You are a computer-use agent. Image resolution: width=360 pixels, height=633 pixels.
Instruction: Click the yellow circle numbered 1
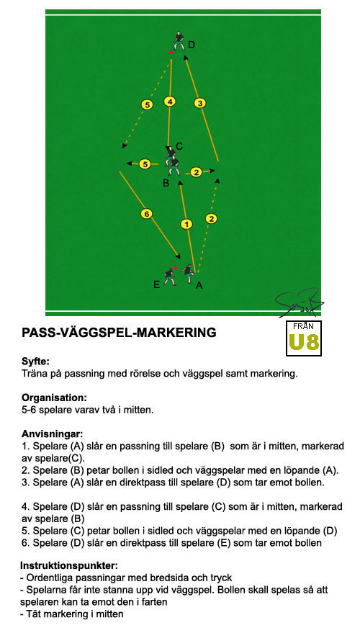tap(186, 224)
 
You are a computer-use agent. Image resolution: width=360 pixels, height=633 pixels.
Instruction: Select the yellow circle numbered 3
tap(199, 104)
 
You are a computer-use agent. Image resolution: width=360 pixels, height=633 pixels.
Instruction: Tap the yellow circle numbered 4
tap(170, 102)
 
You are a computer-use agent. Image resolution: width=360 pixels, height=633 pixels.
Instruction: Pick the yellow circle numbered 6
tap(146, 214)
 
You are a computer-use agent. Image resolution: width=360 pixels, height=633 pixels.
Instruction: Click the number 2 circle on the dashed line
tap(212, 219)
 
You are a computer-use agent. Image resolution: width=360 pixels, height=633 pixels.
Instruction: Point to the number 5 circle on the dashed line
tap(148, 105)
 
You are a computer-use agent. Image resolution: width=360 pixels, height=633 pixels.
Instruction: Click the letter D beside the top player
tap(192, 45)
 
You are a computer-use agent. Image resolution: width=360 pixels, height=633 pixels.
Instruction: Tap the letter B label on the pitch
tap(166, 184)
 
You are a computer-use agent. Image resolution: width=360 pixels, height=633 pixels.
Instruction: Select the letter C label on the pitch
tap(179, 146)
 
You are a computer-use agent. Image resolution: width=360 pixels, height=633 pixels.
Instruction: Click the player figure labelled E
tap(169, 276)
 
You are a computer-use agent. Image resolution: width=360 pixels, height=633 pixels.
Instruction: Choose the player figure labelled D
tap(179, 40)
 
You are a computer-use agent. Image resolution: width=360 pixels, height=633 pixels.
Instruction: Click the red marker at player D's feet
tap(171, 53)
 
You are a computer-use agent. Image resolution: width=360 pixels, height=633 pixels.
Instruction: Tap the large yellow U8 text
tap(304, 341)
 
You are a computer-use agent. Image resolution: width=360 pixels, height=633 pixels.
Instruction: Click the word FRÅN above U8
tap(304, 326)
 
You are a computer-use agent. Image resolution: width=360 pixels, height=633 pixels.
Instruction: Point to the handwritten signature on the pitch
tap(299, 302)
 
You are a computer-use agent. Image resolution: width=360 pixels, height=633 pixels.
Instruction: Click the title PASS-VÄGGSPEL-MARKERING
tap(119, 333)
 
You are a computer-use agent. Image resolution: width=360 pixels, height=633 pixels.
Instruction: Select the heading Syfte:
tap(35, 362)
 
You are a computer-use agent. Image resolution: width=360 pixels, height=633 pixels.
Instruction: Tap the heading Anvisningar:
tap(52, 434)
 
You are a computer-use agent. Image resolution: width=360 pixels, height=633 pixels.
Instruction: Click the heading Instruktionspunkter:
tap(68, 565)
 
